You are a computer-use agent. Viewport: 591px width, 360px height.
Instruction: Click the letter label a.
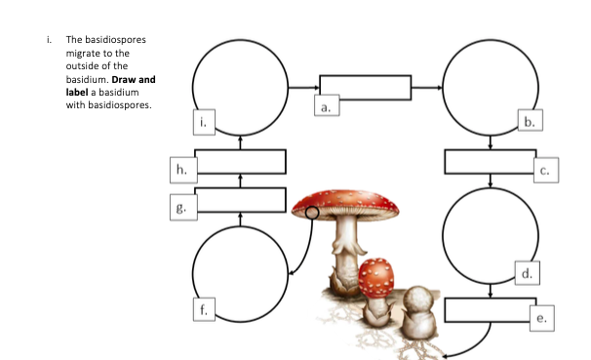pyautogui.click(x=327, y=108)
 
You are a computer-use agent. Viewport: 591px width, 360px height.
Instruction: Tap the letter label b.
pyautogui.click(x=529, y=122)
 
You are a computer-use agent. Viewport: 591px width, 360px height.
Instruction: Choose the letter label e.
pyautogui.click(x=543, y=318)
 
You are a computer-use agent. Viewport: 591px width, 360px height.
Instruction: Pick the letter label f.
pyautogui.click(x=203, y=310)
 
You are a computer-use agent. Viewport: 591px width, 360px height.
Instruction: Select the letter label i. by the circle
pyautogui.click(x=202, y=121)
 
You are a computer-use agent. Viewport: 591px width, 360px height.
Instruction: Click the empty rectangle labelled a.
pyautogui.click(x=366, y=88)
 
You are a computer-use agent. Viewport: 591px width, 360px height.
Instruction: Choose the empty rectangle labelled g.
pyautogui.click(x=241, y=200)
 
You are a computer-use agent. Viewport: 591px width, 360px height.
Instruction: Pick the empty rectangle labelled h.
pyautogui.click(x=241, y=162)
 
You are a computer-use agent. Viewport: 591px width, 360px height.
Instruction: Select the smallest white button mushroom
pyautogui.click(x=420, y=302)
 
